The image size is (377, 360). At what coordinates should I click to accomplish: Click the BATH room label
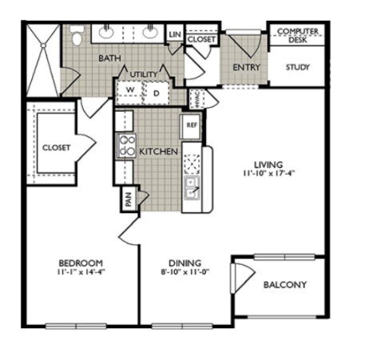(109, 58)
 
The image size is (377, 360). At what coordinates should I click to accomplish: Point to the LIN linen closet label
(175, 34)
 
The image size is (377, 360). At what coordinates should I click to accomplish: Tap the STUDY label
(298, 67)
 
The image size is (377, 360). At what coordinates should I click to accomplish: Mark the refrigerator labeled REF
(191, 125)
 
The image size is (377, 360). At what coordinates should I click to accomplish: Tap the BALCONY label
(284, 285)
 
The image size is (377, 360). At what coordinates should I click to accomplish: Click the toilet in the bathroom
(77, 37)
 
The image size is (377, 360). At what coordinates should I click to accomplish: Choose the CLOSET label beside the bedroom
(56, 148)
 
